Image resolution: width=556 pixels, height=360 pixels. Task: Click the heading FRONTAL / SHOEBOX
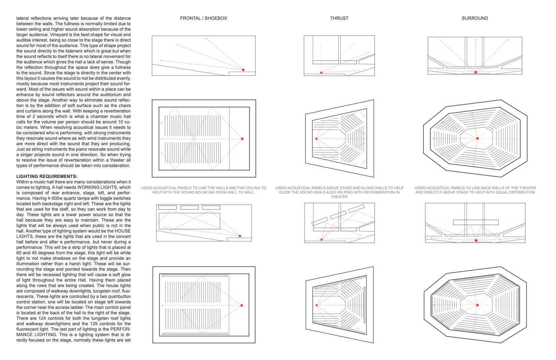[203, 18]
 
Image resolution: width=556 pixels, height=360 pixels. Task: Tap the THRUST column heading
[339, 18]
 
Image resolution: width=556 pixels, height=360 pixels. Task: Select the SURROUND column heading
[475, 18]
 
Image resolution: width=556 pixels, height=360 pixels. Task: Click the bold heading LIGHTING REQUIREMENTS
[47, 176]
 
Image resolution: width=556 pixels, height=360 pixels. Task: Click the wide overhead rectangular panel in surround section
[475, 222]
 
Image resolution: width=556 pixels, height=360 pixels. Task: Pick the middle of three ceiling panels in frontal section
[189, 208]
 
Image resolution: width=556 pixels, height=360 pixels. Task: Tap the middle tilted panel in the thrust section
[338, 215]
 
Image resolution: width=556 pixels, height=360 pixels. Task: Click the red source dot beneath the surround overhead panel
[476, 240]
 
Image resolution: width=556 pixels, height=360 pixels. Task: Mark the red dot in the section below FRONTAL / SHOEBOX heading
[243, 70]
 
